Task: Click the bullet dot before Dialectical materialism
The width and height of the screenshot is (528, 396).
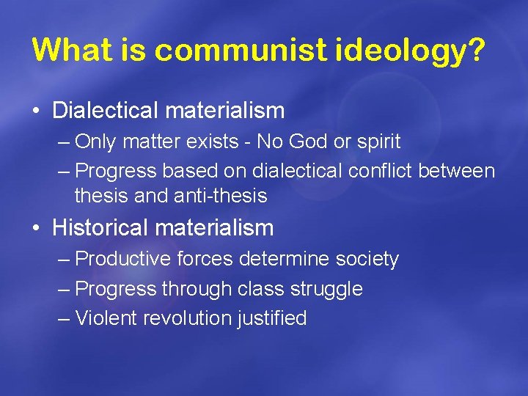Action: (36, 111)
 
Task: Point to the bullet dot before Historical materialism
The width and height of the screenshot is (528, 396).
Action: (36, 229)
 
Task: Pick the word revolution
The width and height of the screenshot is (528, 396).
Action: (187, 318)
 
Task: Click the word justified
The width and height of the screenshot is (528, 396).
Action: (271, 319)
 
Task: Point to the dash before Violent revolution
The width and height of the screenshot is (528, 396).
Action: (64, 318)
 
